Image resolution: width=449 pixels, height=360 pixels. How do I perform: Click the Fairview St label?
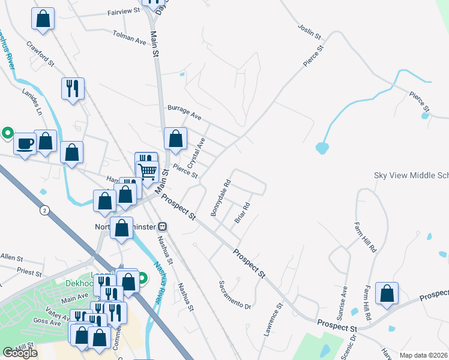[123, 11]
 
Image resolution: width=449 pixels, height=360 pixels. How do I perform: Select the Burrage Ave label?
[184, 111]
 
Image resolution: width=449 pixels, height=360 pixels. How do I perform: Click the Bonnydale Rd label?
[220, 199]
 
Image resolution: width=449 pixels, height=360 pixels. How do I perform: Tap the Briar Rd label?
[242, 212]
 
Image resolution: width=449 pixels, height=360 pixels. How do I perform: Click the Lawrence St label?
[273, 320]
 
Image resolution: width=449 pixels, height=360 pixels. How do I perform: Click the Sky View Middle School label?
[411, 175]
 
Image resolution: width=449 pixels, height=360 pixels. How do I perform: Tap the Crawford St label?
[41, 53]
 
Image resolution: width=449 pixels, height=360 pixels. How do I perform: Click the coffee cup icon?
[25, 144]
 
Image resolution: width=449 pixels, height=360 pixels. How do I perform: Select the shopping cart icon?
[148, 172]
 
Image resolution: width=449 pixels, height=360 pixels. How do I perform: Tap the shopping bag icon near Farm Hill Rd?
[387, 293]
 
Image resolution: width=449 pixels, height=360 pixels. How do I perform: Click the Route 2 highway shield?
[44, 210]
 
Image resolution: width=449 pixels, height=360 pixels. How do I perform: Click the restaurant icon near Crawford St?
[73, 89]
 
